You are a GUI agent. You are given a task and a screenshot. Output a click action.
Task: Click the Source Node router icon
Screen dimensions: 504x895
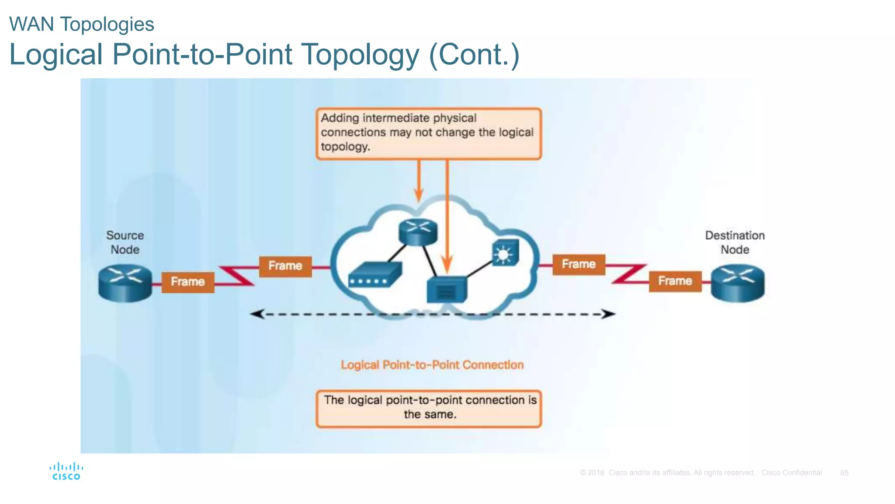click(125, 283)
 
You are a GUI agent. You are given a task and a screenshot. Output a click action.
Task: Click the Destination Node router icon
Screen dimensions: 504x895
click(738, 283)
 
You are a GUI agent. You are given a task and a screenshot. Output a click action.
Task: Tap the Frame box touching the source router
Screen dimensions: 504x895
click(188, 282)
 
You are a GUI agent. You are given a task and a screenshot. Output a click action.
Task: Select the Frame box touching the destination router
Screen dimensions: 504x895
click(675, 281)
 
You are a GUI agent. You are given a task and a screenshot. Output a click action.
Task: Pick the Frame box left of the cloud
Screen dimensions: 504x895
click(285, 266)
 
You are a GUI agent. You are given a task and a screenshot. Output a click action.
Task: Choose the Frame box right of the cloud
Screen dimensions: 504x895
click(579, 264)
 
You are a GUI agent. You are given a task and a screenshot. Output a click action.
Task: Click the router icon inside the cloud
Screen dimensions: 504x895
click(418, 231)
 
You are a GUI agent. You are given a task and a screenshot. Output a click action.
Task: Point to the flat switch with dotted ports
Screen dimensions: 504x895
click(375, 274)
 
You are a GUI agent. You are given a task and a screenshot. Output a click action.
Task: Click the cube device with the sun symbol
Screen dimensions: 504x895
click(505, 252)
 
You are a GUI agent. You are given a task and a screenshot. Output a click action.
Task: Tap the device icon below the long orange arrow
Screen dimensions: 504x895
click(447, 290)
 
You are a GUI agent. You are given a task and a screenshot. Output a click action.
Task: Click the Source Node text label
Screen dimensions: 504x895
click(125, 242)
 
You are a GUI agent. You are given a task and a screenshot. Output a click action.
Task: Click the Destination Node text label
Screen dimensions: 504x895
click(735, 242)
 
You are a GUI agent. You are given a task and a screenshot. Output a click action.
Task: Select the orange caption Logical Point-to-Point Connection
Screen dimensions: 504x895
click(432, 365)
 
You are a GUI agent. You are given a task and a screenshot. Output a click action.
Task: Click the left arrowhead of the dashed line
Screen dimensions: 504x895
click(257, 314)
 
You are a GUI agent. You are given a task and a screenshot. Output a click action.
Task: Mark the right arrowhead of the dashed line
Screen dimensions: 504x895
click(608, 314)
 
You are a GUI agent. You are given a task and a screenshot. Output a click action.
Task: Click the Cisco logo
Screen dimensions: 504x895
click(66, 472)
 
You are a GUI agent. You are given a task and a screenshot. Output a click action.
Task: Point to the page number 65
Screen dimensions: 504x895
click(844, 473)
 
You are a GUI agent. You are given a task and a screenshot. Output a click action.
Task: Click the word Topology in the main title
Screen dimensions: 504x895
click(360, 55)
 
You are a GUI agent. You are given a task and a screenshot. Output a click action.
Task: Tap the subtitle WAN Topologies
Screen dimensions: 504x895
click(82, 24)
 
